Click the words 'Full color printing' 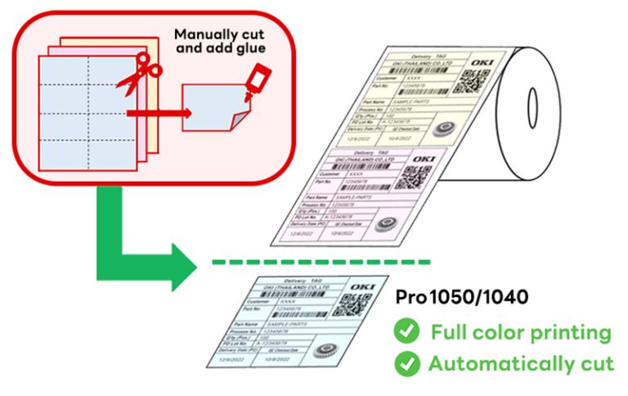click(515, 332)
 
